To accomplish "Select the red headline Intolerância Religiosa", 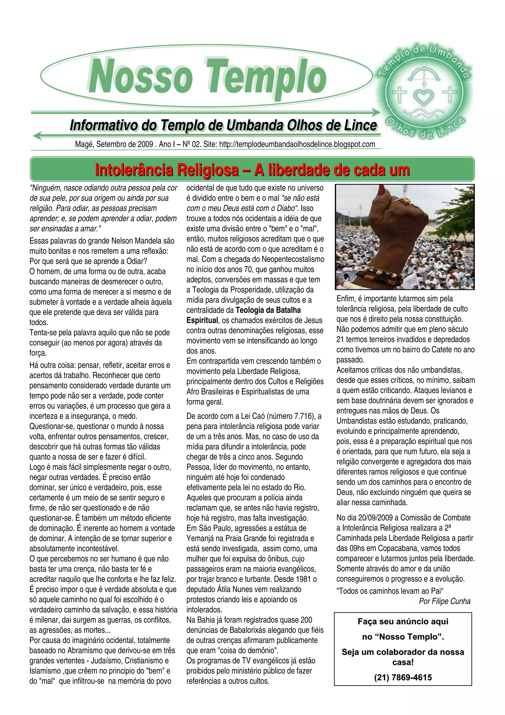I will coord(252,170).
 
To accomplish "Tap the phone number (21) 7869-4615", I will coord(403,677).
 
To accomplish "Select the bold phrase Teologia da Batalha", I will coord(268,310).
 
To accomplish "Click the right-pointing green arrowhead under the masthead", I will coord(376,113).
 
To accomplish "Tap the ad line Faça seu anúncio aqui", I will coord(403,621).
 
